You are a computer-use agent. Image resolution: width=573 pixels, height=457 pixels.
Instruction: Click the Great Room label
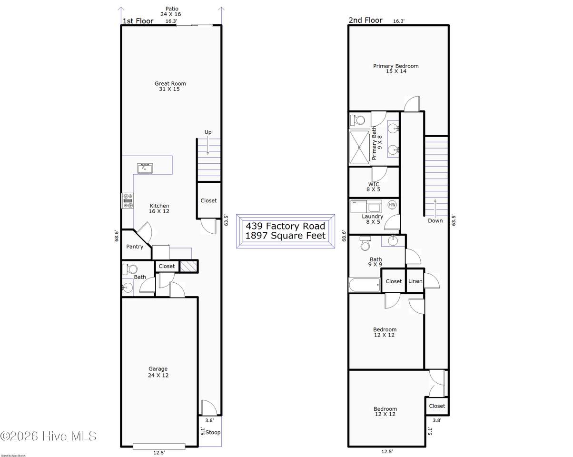[170, 84]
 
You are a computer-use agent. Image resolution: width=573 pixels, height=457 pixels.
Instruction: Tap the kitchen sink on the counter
[145, 169]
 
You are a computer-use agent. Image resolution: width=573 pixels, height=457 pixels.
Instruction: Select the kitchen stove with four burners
[128, 201]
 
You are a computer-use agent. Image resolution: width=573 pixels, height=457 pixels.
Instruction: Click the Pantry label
[135, 247]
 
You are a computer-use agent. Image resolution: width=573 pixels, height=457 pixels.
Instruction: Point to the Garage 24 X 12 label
[158, 372]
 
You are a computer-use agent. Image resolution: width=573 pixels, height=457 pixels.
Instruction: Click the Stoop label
[213, 433]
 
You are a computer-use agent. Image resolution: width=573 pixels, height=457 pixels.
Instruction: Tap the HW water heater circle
[392, 205]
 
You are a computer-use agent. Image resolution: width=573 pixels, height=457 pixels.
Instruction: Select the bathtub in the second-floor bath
[365, 285]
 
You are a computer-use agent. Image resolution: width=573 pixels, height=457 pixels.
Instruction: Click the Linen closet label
[415, 281]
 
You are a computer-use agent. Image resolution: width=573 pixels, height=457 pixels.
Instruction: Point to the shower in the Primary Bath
[359, 148]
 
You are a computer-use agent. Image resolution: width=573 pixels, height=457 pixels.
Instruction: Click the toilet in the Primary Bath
[357, 120]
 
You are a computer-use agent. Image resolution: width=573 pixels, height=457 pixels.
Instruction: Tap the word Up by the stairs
[208, 132]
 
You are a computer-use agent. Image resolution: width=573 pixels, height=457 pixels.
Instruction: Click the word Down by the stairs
[435, 220]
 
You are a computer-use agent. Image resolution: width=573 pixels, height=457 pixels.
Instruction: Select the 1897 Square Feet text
[286, 236]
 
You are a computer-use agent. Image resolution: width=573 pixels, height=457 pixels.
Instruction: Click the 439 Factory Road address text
[286, 226]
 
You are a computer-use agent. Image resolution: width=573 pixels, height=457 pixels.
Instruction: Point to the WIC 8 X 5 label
[374, 187]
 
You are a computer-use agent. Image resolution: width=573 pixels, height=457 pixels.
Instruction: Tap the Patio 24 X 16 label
[171, 11]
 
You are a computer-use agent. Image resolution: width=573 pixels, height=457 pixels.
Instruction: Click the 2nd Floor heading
[366, 20]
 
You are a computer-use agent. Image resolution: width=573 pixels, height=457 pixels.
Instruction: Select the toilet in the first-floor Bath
[129, 269]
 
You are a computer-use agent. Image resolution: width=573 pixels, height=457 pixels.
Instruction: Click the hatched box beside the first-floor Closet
[189, 266]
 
